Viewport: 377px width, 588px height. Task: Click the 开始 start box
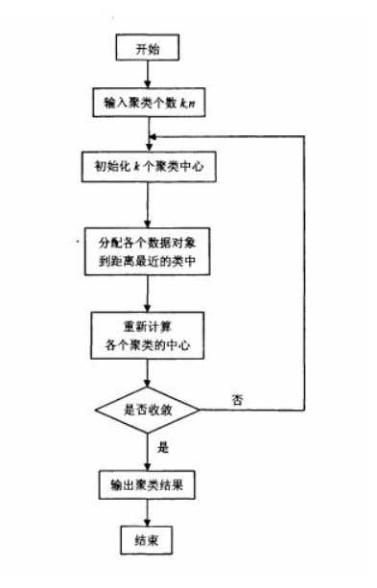tap(146, 48)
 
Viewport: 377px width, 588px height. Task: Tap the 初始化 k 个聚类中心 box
tap(146, 166)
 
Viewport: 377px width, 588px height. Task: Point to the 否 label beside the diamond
tap(236, 397)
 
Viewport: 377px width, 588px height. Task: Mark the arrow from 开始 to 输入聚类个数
tap(146, 74)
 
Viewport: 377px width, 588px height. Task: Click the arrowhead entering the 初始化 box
tap(146, 146)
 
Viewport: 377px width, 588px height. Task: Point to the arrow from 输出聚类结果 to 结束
tap(146, 513)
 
